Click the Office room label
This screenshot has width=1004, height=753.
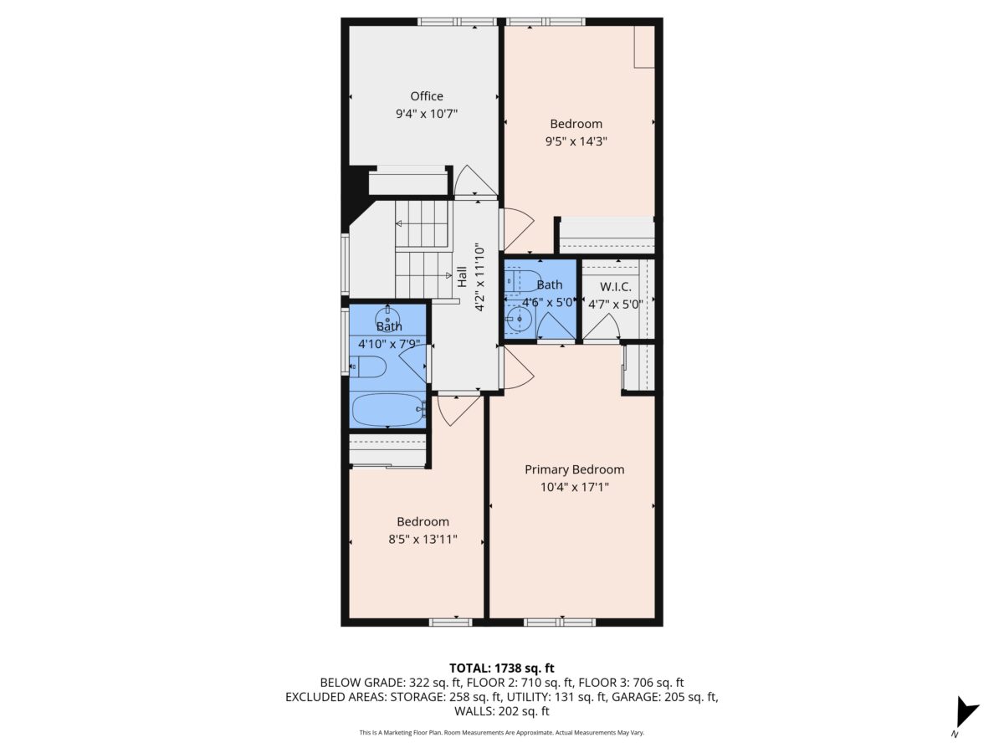pyautogui.click(x=427, y=96)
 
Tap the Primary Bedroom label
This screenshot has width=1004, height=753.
pyautogui.click(x=574, y=469)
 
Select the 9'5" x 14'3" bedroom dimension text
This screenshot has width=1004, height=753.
pyautogui.click(x=576, y=141)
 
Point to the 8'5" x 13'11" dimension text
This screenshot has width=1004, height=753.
pyautogui.click(x=423, y=540)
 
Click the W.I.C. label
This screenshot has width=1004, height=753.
pyautogui.click(x=615, y=287)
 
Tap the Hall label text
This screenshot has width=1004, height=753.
pyautogui.click(x=463, y=277)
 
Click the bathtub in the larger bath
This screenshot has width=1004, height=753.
pyautogui.click(x=388, y=410)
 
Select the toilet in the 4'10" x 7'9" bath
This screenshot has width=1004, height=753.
pyautogui.click(x=368, y=366)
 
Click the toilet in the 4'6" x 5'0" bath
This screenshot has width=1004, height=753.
pyautogui.click(x=523, y=281)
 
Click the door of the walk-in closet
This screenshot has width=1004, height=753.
pyautogui.click(x=602, y=326)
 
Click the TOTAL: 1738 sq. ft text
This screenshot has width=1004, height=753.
pyautogui.click(x=502, y=668)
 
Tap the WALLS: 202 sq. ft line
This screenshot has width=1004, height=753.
pyautogui.click(x=502, y=711)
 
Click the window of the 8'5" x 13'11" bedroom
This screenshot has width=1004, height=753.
pyautogui.click(x=450, y=622)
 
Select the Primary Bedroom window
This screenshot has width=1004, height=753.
pyautogui.click(x=560, y=622)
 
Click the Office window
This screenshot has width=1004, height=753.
pyautogui.click(x=457, y=22)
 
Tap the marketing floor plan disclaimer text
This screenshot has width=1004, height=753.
pyautogui.click(x=502, y=732)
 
